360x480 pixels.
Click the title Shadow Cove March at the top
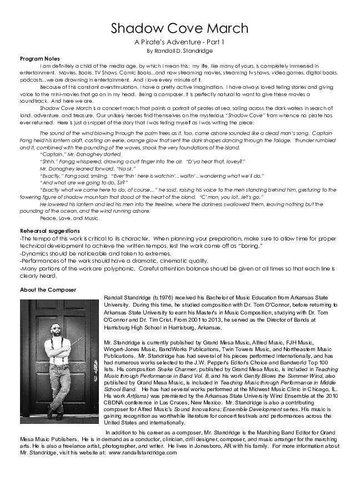(179, 28)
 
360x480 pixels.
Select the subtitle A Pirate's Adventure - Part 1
(179, 42)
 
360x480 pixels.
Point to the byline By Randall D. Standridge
(179, 51)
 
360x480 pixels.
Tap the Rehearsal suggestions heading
(49, 231)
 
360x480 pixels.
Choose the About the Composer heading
(48, 290)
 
